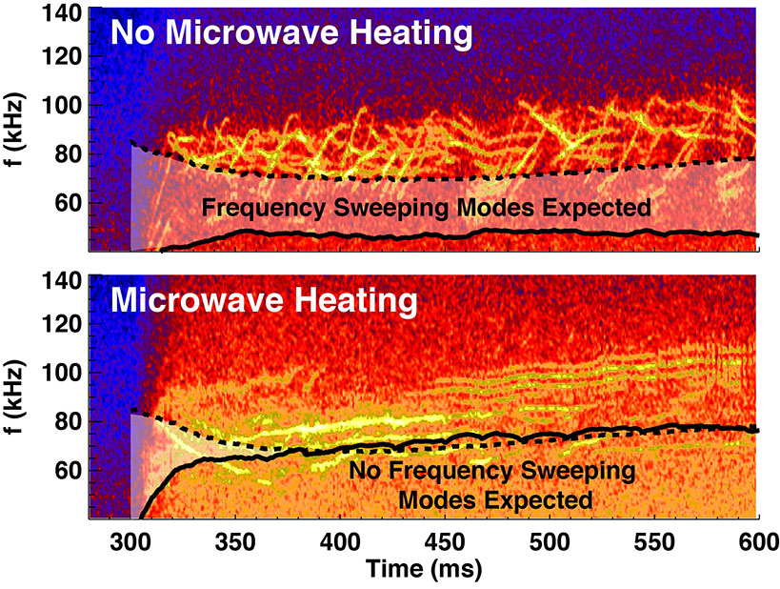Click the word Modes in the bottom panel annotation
coord(433,498)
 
